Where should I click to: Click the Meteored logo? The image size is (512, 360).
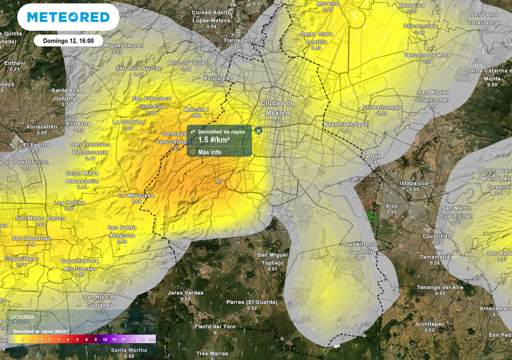(x=68, y=17)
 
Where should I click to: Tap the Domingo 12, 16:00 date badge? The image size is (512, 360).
(x=68, y=40)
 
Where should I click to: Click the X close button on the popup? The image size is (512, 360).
(x=258, y=130)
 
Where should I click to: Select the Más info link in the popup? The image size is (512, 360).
(x=209, y=152)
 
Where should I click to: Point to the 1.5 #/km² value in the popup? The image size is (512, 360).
(x=213, y=139)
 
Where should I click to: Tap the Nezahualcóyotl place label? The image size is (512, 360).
(x=346, y=123)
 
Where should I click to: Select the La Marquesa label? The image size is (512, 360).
(x=136, y=195)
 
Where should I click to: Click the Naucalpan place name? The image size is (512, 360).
(x=218, y=78)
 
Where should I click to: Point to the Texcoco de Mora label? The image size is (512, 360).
(x=427, y=55)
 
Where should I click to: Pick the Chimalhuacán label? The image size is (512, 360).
(x=382, y=107)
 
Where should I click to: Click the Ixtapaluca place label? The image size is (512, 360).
(x=414, y=183)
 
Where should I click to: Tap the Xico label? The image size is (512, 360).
(x=391, y=205)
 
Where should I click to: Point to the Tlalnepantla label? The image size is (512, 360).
(x=240, y=40)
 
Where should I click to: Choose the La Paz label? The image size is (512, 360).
(x=371, y=156)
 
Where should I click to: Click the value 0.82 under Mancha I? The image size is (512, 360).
(x=196, y=115)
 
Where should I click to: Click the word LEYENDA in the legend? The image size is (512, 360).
(x=22, y=317)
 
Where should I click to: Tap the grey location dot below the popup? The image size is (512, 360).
(x=218, y=181)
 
